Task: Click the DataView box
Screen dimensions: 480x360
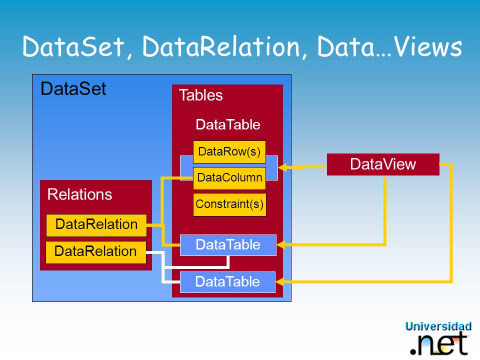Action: [x=383, y=164]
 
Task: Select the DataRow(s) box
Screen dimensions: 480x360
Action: [x=229, y=152]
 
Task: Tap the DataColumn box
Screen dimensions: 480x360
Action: [x=229, y=178]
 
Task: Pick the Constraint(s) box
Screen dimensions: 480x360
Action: [x=229, y=204]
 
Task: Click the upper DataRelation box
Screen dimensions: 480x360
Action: [x=96, y=225]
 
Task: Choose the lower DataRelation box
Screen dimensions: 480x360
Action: [x=96, y=252]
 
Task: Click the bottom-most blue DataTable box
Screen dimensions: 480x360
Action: [x=228, y=282]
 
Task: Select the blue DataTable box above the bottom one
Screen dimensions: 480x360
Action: [x=228, y=245]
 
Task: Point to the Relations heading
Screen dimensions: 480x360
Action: [x=79, y=194]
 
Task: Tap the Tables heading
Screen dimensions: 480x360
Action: [x=201, y=95]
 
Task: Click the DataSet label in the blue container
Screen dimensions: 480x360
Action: [x=73, y=89]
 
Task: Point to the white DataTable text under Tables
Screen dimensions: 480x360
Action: [x=228, y=124]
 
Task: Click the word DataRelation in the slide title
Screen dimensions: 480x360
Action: [x=221, y=46]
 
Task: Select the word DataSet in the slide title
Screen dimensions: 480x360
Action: [x=73, y=46]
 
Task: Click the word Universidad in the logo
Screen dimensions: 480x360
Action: [x=438, y=326]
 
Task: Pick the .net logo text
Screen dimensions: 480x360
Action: [x=439, y=344]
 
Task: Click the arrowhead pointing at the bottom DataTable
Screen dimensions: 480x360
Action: [x=280, y=281]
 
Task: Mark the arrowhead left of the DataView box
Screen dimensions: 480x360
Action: [x=282, y=167]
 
